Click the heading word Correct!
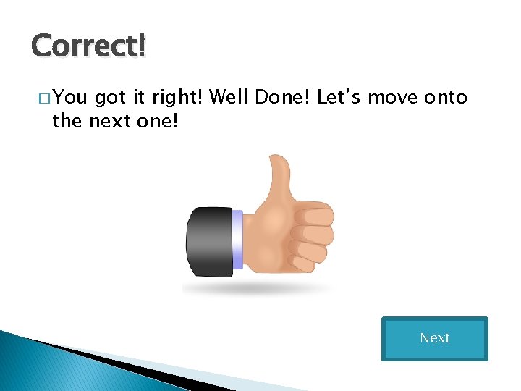point(89,46)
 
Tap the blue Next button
point(434,338)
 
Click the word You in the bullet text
point(69,97)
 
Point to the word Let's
point(340,97)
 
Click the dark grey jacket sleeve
point(209,242)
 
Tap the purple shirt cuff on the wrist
point(237,239)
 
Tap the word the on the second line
point(67,121)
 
